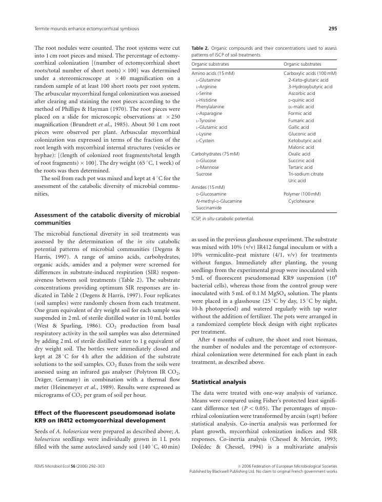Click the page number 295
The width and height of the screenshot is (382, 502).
coord(332,29)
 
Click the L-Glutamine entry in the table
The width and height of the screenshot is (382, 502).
coord(208,80)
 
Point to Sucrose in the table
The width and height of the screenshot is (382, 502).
coord(205,173)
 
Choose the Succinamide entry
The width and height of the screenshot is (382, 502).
coord(209,207)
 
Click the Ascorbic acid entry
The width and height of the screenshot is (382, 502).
coord(301,93)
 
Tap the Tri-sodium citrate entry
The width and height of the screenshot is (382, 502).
coord(306,173)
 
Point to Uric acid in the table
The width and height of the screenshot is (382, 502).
coord(297,180)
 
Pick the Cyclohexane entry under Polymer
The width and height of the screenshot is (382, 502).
coord(301,201)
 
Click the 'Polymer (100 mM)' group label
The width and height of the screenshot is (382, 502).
coord(302,194)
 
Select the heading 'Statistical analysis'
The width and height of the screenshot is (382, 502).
coord(218,382)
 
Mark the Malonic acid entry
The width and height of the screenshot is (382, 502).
coord(301,147)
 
